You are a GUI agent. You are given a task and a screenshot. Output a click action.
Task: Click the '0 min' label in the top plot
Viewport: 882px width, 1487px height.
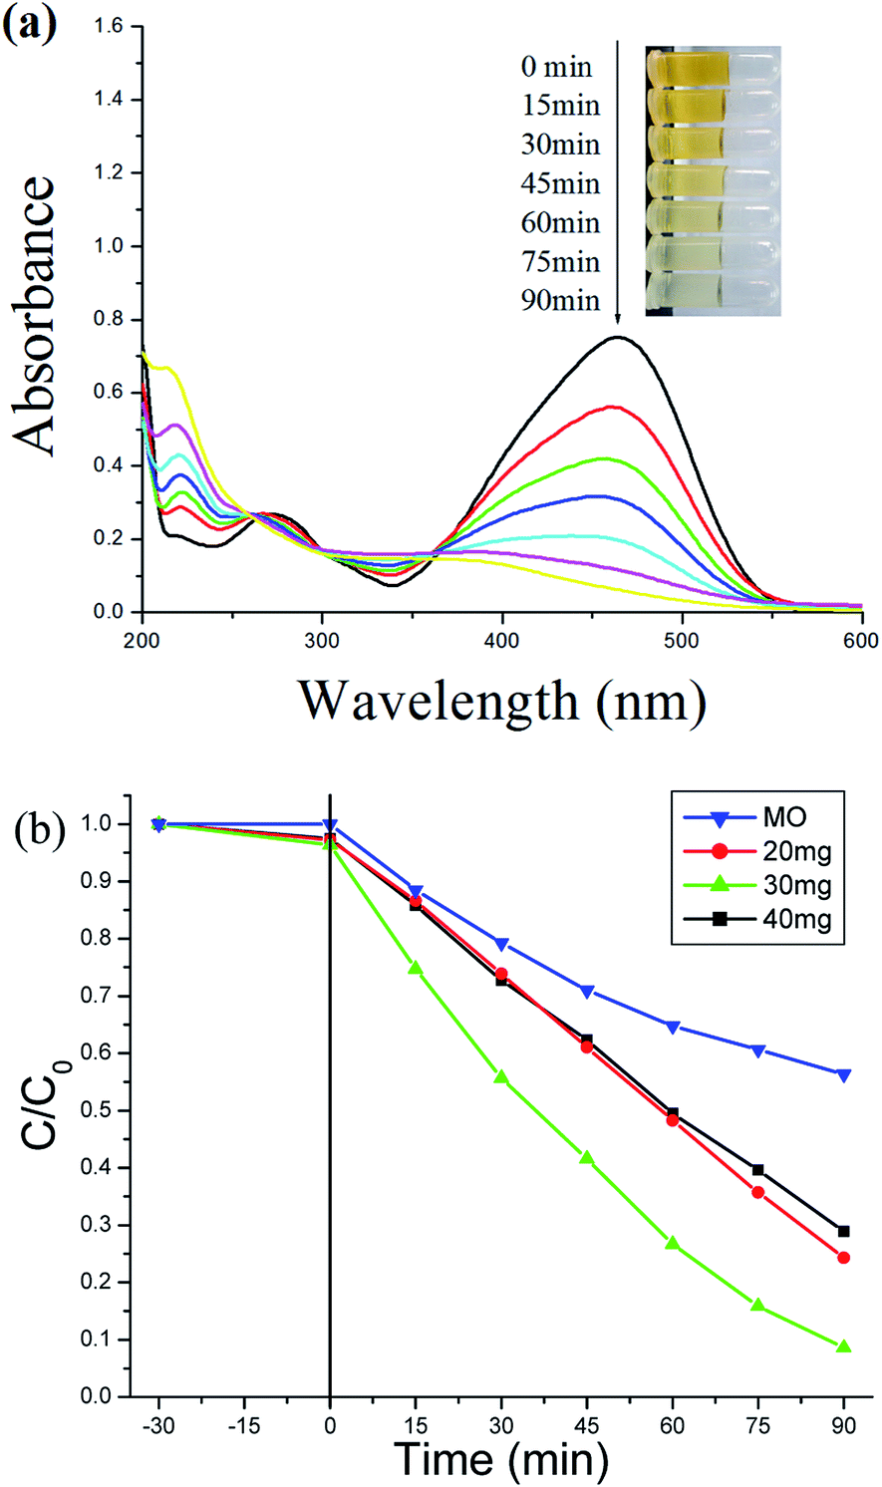coord(556,67)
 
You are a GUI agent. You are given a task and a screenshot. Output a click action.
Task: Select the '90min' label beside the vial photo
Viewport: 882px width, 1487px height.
coord(560,300)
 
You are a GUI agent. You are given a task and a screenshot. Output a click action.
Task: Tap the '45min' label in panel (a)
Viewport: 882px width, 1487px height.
coord(560,183)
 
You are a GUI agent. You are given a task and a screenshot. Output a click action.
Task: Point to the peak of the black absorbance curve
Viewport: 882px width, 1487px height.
coord(619,337)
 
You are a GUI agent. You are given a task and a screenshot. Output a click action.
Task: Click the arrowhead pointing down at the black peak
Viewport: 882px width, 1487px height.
coord(618,318)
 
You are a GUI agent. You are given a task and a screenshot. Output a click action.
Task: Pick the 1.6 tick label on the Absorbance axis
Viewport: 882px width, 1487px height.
coord(108,26)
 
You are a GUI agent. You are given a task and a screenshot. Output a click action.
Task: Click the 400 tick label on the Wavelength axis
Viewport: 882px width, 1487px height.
coord(502,641)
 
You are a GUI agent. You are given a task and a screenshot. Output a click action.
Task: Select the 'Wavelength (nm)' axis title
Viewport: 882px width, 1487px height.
coord(502,702)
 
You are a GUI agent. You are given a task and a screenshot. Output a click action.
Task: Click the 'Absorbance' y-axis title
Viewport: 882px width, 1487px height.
coord(33,317)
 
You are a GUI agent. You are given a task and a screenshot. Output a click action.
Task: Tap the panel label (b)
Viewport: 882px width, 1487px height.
coord(40,831)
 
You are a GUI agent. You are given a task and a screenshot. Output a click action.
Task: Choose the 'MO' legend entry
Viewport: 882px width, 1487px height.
coord(785,818)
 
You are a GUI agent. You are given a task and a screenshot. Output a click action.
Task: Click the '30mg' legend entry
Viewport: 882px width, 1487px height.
coord(796,886)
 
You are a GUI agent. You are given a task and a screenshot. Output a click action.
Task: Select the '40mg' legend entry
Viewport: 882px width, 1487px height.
coord(796,920)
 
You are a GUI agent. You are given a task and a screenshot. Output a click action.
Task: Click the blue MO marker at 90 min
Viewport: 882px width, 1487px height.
coord(843,1075)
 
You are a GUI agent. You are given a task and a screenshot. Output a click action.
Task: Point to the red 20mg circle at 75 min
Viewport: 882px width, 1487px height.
coord(757,1193)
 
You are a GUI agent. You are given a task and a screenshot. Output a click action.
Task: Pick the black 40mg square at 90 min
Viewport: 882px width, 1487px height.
coord(843,1232)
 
